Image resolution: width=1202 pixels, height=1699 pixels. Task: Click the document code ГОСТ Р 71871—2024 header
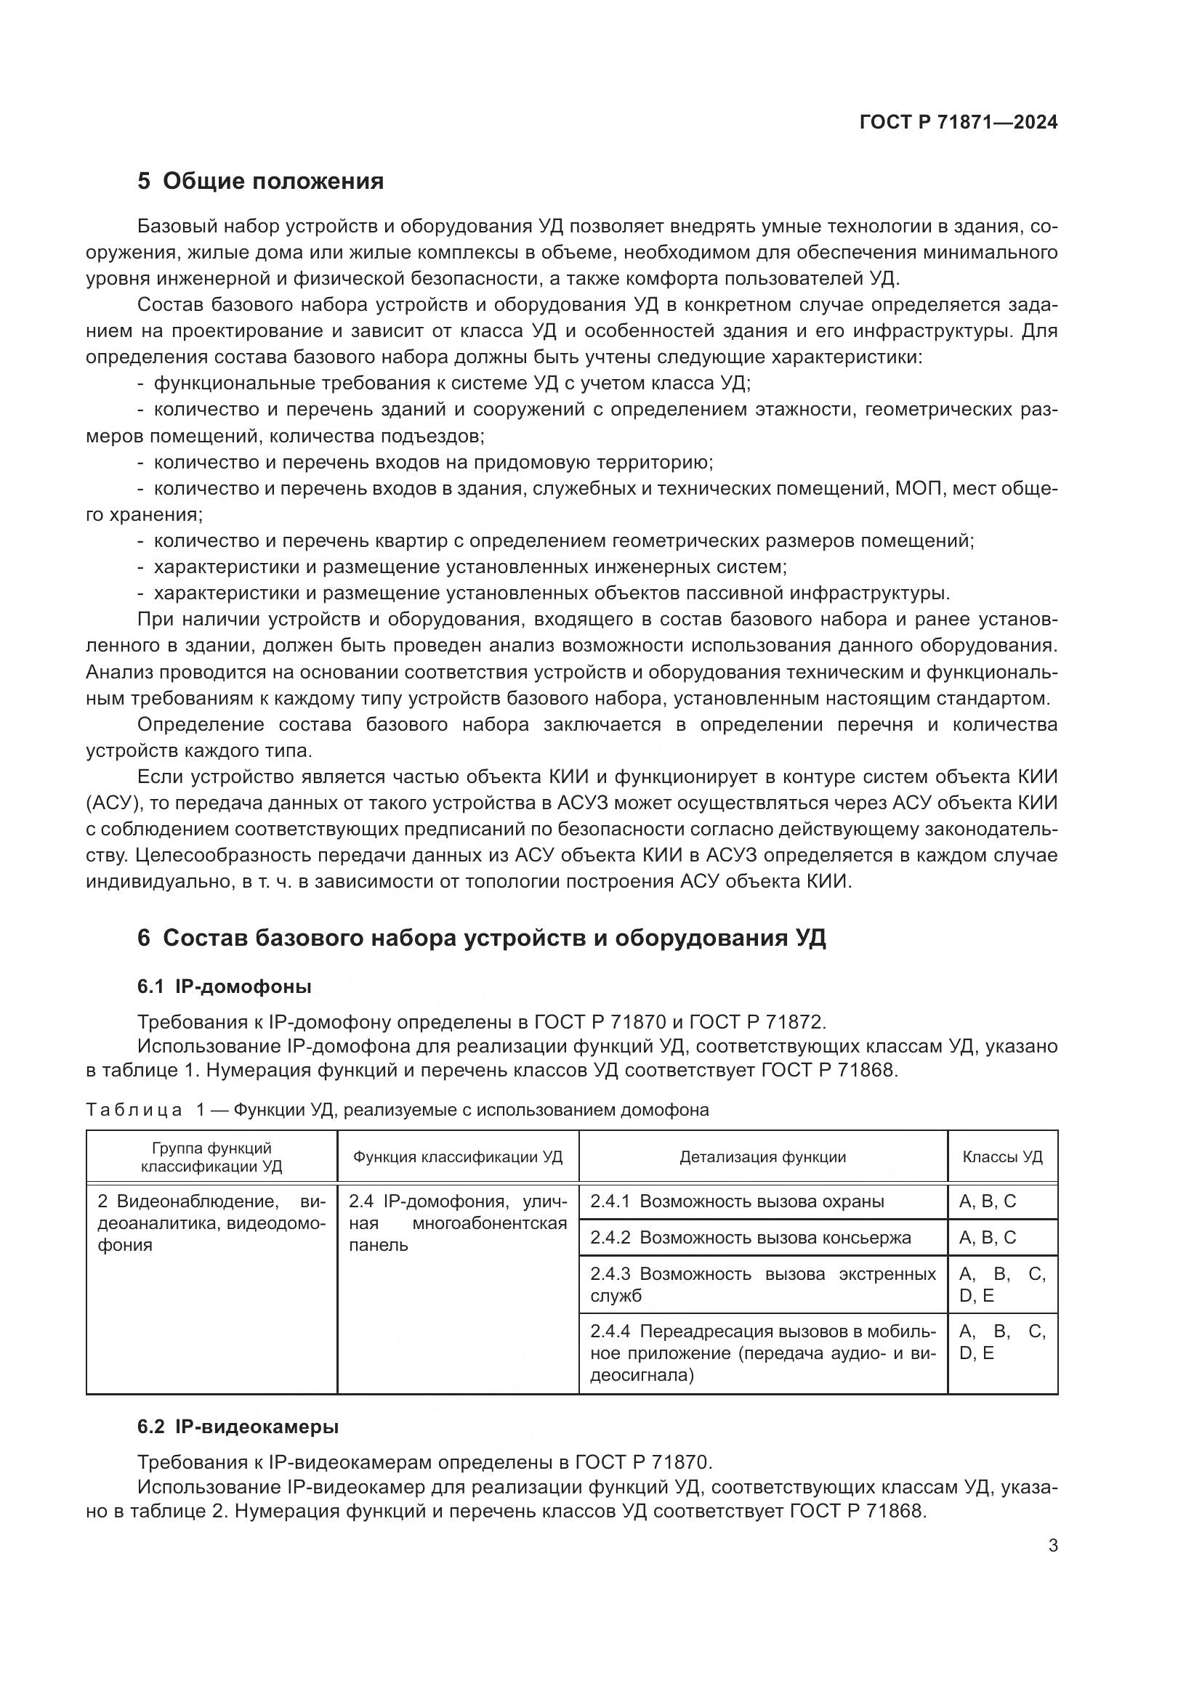tap(958, 123)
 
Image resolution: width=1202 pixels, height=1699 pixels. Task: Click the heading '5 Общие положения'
tap(261, 182)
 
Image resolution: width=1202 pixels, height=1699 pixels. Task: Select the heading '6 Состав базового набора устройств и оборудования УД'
tap(481, 938)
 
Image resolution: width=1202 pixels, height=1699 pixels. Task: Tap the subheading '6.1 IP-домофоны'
tap(225, 986)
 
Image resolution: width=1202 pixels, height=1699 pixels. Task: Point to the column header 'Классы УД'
tap(1002, 1156)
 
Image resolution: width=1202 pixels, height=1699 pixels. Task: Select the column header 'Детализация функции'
tap(762, 1156)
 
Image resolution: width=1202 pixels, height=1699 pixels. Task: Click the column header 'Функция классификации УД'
tap(457, 1156)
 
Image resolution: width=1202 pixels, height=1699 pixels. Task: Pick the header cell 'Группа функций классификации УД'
tap(211, 1156)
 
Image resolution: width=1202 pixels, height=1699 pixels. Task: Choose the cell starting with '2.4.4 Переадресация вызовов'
tap(762, 1353)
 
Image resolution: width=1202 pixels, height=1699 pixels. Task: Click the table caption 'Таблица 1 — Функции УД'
tap(397, 1109)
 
